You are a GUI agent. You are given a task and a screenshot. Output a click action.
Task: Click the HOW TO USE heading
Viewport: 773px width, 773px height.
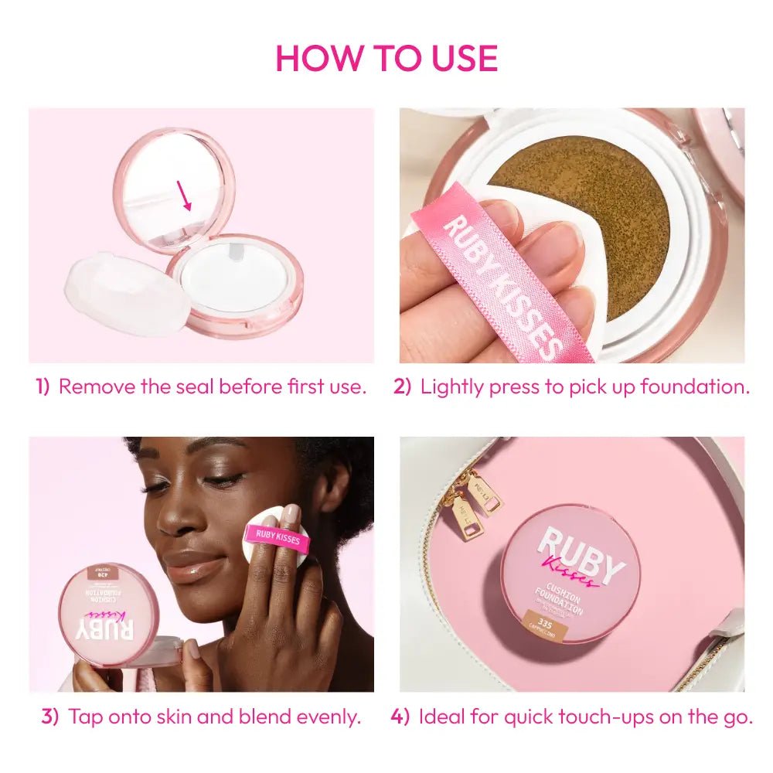click(x=386, y=58)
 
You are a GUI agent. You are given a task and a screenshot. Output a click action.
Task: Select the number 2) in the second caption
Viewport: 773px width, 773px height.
click(x=403, y=386)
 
